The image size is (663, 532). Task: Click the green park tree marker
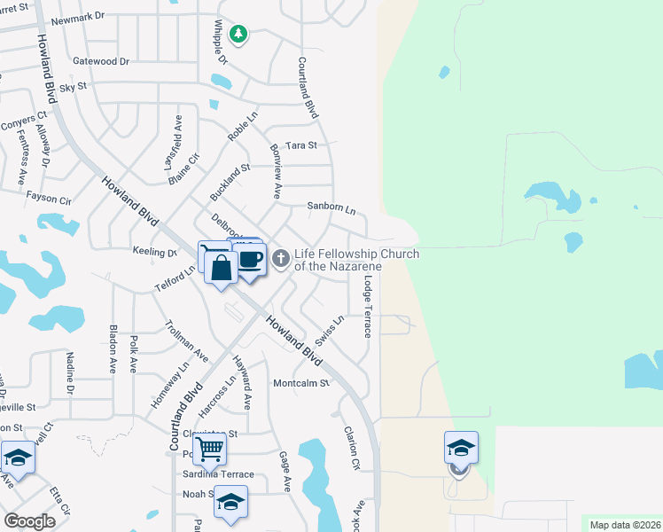pyautogui.click(x=238, y=35)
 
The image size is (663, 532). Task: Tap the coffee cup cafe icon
pyautogui.click(x=251, y=260)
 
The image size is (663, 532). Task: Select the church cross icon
pyautogui.click(x=280, y=259)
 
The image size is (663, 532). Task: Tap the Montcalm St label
pyautogui.click(x=300, y=383)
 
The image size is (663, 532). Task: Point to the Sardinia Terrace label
pyautogui.click(x=218, y=474)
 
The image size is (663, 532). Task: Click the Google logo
pyautogui.click(x=30, y=520)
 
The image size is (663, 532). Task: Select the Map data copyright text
pyautogui.click(x=625, y=525)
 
